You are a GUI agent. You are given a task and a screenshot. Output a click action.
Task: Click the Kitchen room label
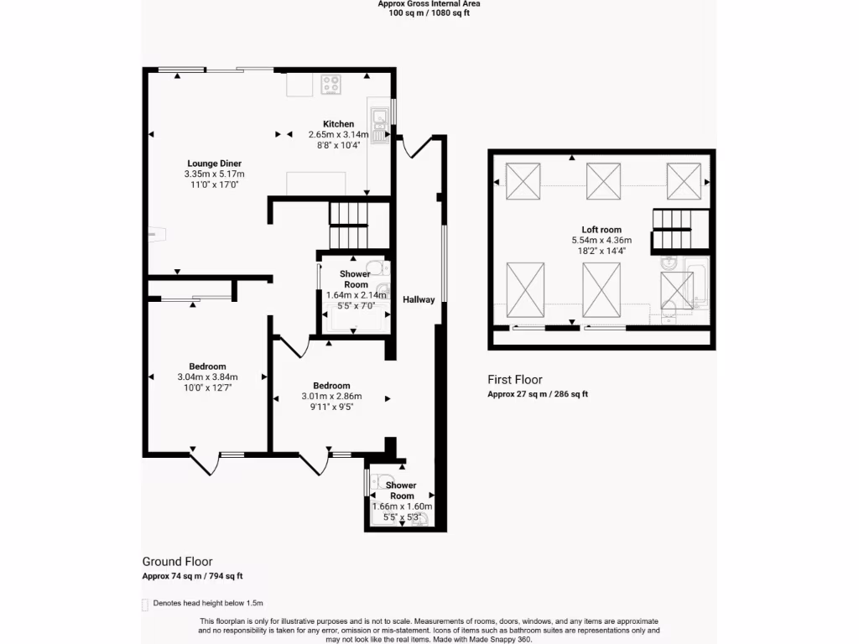point(338,124)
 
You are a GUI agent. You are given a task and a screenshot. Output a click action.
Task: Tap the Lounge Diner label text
point(214,163)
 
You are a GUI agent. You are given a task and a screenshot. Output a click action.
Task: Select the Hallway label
point(418,299)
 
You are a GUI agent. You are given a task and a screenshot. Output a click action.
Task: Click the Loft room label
point(601,229)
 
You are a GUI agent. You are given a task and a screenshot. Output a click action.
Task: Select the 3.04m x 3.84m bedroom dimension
point(207,377)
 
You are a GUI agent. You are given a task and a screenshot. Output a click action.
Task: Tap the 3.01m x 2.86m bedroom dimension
point(331,397)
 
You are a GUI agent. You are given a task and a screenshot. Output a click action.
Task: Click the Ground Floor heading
point(177,562)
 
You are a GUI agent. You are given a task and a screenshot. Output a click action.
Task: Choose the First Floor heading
point(516,379)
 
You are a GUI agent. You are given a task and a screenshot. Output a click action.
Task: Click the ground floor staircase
point(348,226)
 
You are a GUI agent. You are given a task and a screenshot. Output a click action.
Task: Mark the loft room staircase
point(672,229)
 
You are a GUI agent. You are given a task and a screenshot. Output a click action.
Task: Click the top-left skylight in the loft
point(523,181)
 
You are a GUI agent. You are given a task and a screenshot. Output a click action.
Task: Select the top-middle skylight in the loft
point(602,180)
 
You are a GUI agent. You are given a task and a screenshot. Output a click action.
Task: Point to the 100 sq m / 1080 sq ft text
point(429,13)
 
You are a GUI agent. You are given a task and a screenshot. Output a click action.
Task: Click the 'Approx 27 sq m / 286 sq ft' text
point(538,394)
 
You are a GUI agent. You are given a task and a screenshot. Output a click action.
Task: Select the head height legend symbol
point(145,604)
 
